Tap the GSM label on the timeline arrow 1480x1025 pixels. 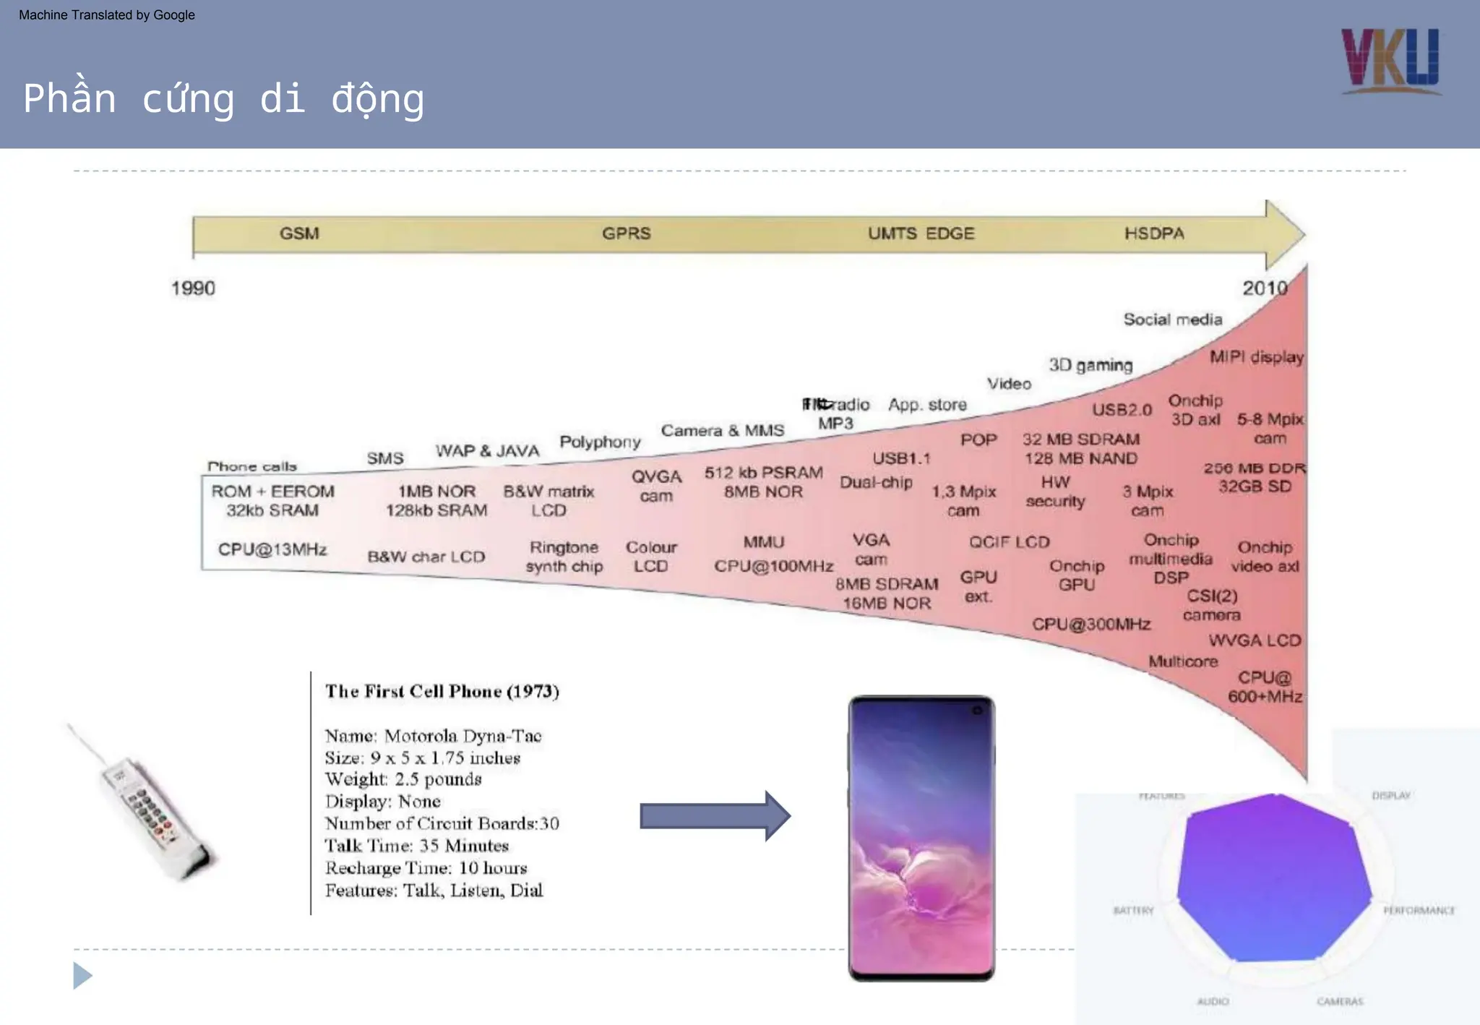point(299,233)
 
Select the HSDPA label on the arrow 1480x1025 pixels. point(1154,233)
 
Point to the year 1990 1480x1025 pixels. point(193,288)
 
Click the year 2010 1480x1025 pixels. point(1265,288)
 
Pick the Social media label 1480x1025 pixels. point(1172,319)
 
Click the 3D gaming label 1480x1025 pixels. point(1090,365)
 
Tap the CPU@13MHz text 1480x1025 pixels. point(272,549)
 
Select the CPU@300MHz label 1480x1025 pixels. point(1090,624)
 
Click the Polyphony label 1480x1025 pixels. point(600,442)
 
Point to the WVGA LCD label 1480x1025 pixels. point(1255,640)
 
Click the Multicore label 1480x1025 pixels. point(1183,661)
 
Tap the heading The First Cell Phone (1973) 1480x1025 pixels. point(442,691)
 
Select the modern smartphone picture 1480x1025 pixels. point(921,839)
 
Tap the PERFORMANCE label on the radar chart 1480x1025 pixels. point(1419,911)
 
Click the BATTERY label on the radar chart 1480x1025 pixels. point(1133,911)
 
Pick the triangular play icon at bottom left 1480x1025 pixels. point(82,976)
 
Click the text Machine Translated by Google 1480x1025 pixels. point(107,15)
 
